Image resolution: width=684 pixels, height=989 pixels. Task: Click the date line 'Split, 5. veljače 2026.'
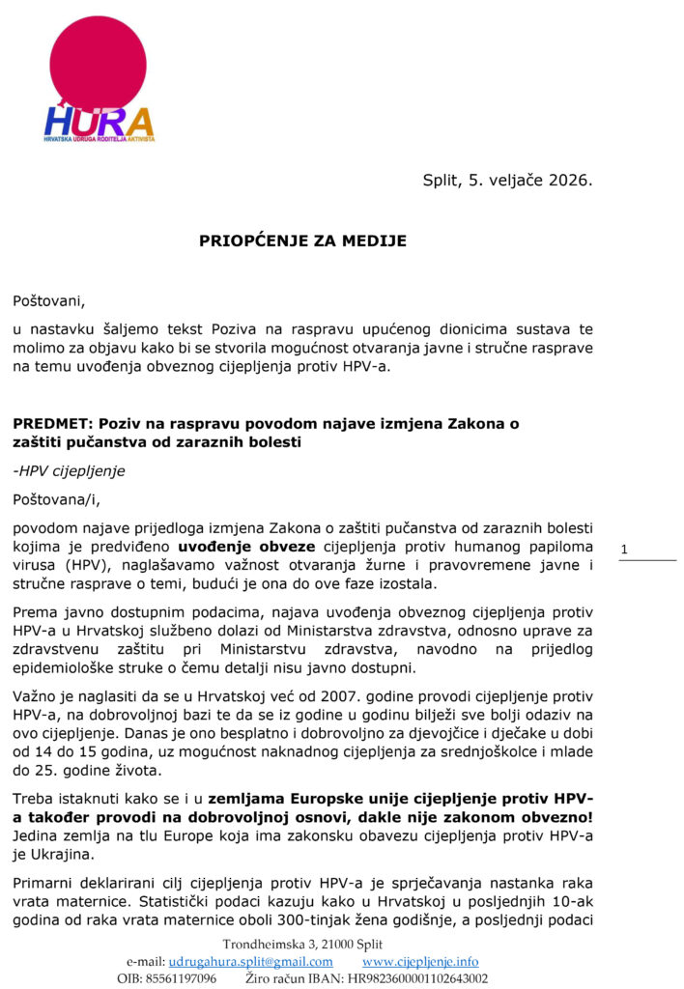(x=507, y=180)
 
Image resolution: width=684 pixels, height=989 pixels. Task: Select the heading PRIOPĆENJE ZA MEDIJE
(x=303, y=241)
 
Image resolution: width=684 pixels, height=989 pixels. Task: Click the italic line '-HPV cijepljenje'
(x=69, y=471)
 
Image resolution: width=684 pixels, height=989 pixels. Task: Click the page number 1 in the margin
(x=624, y=551)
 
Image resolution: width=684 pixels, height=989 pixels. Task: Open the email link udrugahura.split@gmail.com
(x=250, y=962)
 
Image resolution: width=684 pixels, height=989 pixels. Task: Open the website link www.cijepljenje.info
(x=420, y=962)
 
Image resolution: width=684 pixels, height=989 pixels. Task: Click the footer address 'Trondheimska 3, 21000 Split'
(x=303, y=944)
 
